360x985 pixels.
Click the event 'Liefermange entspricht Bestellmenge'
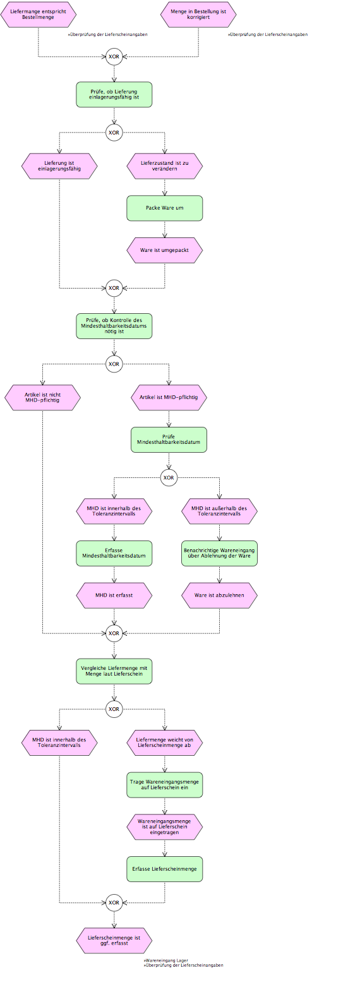coord(39,15)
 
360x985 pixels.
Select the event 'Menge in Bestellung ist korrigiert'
coord(198,15)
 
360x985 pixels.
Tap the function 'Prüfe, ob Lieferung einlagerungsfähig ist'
coord(114,95)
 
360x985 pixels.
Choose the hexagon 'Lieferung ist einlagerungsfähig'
coord(59,166)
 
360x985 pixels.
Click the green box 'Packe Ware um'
coord(165,208)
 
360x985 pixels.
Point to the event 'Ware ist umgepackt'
coord(165,250)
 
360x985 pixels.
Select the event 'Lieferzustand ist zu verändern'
coord(165,166)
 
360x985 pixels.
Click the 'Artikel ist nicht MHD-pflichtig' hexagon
coord(43,398)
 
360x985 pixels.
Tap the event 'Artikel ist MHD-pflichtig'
coord(169,398)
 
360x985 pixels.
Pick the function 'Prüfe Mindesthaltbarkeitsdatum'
coord(169,439)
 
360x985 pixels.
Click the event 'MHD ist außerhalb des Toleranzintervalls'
coord(219,511)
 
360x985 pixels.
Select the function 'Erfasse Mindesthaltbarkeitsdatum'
coord(114,553)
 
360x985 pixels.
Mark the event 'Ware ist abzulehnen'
coord(219,595)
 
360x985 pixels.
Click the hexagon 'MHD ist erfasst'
coord(114,595)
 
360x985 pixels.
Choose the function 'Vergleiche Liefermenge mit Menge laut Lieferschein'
coord(114,671)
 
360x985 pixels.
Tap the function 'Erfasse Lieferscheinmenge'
coord(165,869)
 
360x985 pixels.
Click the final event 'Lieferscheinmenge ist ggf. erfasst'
coord(114,941)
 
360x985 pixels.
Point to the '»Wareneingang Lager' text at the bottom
coord(166,961)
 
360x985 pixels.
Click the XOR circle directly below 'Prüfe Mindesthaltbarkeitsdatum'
coord(169,477)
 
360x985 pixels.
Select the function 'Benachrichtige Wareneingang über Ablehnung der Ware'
coord(219,553)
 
